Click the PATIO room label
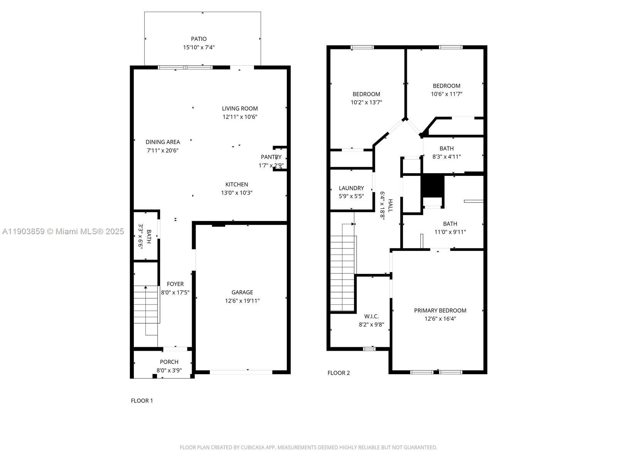199,39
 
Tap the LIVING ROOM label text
240,108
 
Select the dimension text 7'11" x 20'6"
163,150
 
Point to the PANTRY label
271,157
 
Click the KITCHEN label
237,184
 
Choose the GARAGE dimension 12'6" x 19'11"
242,301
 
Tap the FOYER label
175,284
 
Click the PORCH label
169,362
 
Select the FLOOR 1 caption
142,400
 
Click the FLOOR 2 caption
339,373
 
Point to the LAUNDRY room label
351,188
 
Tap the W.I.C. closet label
371,316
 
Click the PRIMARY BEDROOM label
440,310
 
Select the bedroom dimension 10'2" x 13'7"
366,102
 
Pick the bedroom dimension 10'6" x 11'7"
447,94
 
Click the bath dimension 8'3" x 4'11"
447,157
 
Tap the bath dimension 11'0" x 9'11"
450,232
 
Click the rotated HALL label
390,206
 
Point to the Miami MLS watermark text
63,231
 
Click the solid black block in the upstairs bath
433,186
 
